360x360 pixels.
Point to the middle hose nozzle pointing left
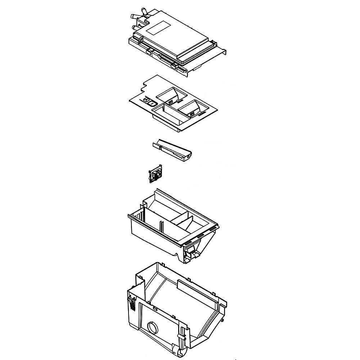click(x=134, y=16)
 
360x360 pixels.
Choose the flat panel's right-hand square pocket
click(x=190, y=108)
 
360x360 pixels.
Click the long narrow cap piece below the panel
click(x=172, y=149)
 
